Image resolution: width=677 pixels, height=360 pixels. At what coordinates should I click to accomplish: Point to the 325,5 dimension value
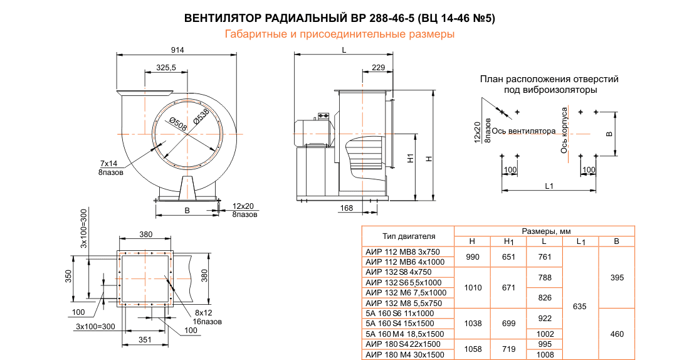pos(165,67)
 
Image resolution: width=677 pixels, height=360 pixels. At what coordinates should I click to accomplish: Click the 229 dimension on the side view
pos(378,67)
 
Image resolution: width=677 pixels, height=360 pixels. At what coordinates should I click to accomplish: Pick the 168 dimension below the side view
pos(346,208)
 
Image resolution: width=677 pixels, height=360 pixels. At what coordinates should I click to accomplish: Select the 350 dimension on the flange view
pos(69,277)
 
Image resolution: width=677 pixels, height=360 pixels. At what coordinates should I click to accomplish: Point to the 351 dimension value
pos(145,341)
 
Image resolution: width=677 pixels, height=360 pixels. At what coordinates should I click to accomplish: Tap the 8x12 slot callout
pos(204,312)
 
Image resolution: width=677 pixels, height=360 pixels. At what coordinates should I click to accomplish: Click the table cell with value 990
pos(472,257)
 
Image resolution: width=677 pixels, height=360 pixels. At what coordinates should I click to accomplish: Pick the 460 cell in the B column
pos(617,334)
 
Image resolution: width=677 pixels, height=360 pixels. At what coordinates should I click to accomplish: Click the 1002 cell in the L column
pos(545,334)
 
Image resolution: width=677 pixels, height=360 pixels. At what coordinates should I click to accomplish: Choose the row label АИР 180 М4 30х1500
pos(404,354)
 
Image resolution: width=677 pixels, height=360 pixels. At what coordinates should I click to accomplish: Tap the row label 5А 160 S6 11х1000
pos(399,313)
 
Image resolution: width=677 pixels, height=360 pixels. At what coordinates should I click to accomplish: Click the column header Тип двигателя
pos(408,236)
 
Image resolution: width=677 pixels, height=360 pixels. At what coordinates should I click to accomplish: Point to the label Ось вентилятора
pos(523,131)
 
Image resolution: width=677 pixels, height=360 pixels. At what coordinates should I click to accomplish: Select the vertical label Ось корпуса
pos(564,130)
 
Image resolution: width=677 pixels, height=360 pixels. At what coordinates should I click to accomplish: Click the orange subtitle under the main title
pos(339,34)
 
